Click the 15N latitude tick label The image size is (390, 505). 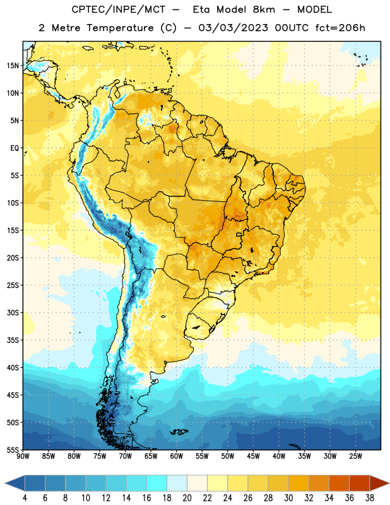coord(13,66)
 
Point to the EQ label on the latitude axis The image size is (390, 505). coord(15,148)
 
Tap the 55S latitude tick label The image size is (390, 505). coord(13,449)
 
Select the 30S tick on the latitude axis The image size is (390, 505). coord(13,312)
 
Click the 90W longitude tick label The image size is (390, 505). coord(23,456)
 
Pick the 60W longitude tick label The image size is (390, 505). coord(177,456)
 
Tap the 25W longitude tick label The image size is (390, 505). coord(355,456)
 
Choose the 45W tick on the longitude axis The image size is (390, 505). coord(253,456)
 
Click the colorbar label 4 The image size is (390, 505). coord(25,498)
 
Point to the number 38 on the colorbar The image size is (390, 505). coord(370,498)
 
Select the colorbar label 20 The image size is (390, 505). coord(187,498)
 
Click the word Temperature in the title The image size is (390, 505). coord(120,28)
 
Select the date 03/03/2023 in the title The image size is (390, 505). coord(233,28)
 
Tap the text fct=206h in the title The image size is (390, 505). coord(340,28)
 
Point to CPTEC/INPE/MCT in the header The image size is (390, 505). coord(119,9)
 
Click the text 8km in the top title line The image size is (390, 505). coord(264,9)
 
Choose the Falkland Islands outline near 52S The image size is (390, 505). coord(179,432)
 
